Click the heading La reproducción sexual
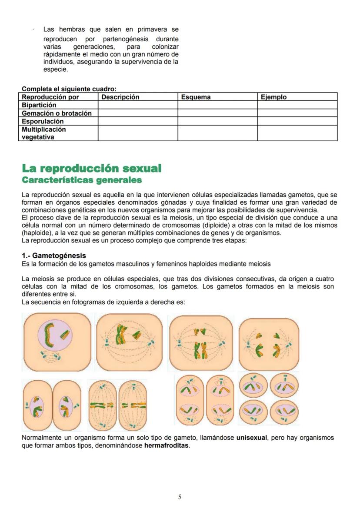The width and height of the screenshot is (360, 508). pos(91,168)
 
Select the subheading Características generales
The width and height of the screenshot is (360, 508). pos(82,179)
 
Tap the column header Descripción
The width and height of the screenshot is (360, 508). pos(120,97)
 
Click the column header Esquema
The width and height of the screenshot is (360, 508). pos(196,97)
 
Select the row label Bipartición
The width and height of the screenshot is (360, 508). pos(39,105)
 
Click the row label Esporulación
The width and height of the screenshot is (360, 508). pos(43,121)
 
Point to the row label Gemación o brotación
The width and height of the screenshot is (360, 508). pos(57,113)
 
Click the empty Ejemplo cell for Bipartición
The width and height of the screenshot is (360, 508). pos(297,105)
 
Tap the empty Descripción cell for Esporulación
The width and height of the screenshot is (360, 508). pos(137,121)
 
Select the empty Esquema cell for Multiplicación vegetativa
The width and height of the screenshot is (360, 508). pos(217,133)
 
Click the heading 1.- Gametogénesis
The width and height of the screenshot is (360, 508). pos(53,256)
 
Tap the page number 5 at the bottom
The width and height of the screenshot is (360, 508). pos(180,497)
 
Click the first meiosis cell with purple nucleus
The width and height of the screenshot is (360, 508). pos(57,342)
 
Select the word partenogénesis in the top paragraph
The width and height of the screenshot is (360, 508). pos(126,39)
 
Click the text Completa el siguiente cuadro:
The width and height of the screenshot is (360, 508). pos(69,89)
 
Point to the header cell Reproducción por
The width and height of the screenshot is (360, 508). pos(50,97)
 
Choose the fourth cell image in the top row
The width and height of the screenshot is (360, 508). pos(269,344)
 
